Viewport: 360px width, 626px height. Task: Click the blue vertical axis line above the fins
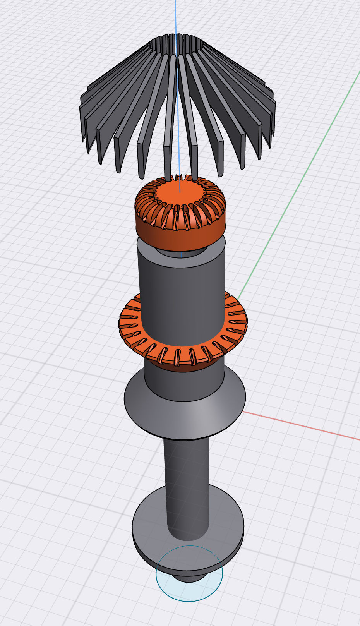(x=175, y=15)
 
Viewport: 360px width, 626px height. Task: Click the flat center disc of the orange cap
(x=181, y=194)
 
